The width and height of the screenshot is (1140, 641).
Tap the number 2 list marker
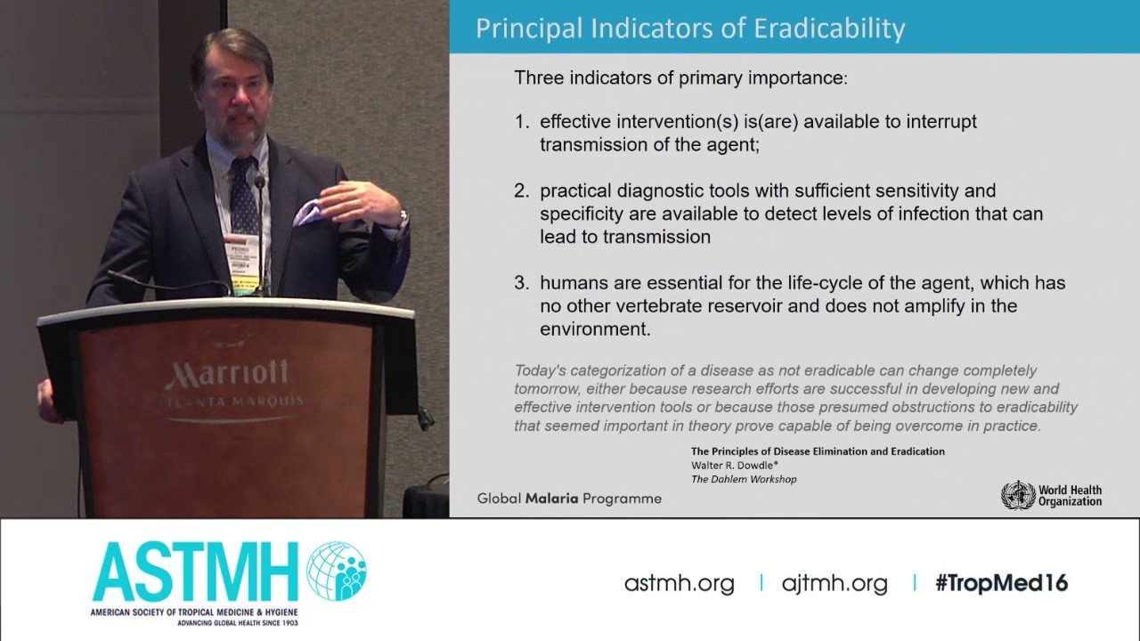pos(521,191)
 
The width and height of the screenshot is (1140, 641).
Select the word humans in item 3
pos(570,283)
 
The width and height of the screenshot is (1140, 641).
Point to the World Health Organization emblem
pos(1018,495)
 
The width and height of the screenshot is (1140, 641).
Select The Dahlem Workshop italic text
pos(744,479)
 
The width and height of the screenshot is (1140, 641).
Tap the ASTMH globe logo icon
pos(337,571)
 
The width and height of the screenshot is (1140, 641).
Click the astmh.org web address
pos(679,583)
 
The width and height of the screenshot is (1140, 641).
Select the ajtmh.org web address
pos(835,583)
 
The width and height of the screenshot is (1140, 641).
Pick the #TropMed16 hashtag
pos(1001,583)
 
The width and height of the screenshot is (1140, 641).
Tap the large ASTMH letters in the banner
pos(195,572)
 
